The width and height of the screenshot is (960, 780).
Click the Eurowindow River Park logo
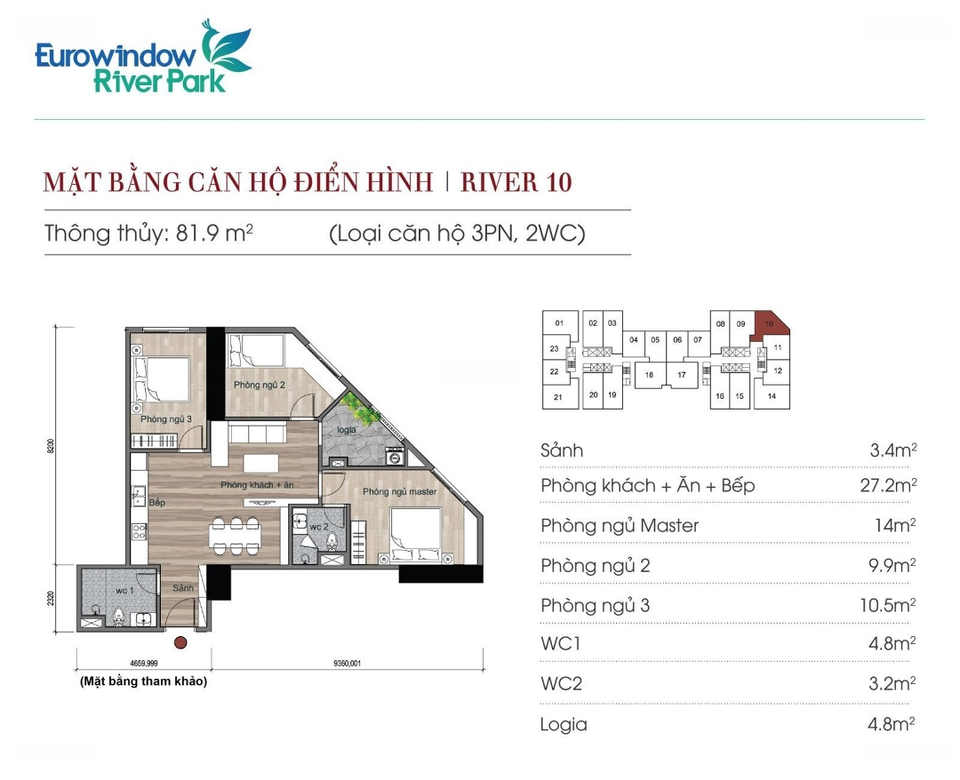[x=143, y=57]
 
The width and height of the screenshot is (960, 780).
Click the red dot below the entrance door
[x=180, y=642]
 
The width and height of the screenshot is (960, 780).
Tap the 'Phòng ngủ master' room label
[x=399, y=491]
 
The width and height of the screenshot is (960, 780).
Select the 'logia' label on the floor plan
[x=347, y=429]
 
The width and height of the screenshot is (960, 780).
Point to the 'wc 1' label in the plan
[x=124, y=591]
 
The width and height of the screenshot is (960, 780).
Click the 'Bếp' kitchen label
[x=156, y=502]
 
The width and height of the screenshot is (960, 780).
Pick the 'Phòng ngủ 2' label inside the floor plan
[x=259, y=385]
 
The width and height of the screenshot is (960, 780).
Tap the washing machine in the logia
[x=395, y=457]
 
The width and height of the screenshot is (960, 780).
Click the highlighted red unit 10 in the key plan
[x=770, y=323]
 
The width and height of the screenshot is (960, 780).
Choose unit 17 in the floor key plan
[x=682, y=375]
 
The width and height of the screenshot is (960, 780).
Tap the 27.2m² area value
[x=888, y=486]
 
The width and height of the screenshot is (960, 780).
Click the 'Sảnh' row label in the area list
[x=562, y=451]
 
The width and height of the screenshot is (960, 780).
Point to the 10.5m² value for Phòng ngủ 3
[x=887, y=605]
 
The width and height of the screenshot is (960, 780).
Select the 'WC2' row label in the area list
[x=562, y=683]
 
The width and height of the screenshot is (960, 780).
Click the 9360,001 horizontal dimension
[x=348, y=663]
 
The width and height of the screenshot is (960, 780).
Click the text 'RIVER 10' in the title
[x=516, y=182]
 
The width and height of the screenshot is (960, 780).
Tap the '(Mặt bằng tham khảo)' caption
[x=143, y=681]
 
